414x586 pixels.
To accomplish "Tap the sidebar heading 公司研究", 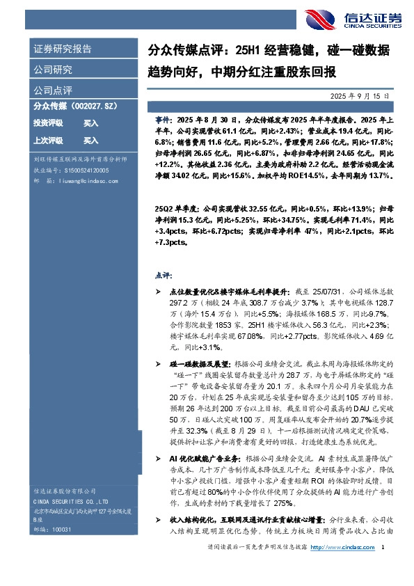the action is (53, 70).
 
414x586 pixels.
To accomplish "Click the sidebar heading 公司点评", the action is (53, 90).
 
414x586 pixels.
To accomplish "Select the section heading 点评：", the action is (162, 276).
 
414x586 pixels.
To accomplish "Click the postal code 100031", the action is (62, 548).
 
